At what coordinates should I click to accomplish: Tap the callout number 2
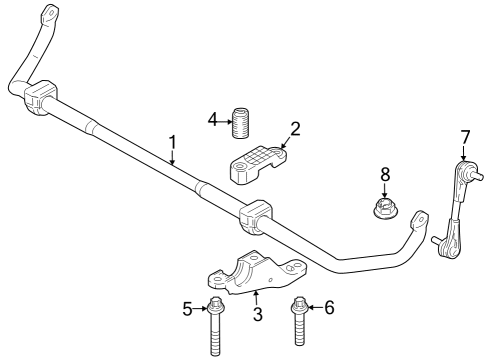[295, 127]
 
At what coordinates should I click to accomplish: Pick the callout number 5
[187, 309]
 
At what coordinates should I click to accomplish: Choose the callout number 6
[329, 308]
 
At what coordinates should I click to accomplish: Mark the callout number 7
[464, 136]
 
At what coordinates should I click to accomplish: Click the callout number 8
[384, 175]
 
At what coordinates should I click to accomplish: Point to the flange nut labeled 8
[383, 209]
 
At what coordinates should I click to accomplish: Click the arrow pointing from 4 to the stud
[224, 121]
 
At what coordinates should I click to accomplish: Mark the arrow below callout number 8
[384, 189]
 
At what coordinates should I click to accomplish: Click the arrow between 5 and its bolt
[199, 309]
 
